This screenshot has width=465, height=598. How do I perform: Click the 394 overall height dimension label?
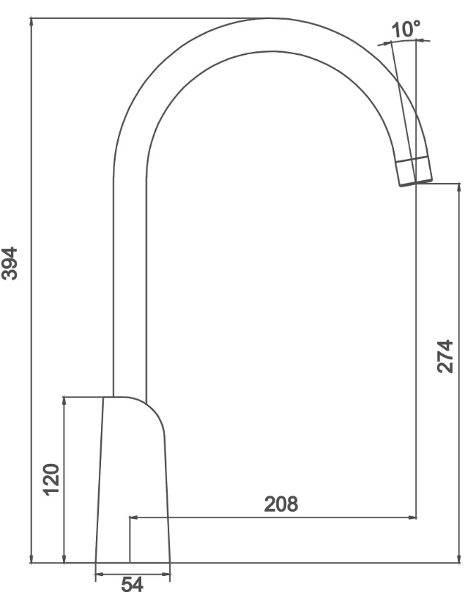10,264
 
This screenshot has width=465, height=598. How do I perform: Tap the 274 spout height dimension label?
445,356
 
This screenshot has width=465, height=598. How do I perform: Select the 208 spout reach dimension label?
281,504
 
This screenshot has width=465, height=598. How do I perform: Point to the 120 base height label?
51,479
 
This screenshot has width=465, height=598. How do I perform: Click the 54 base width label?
133,585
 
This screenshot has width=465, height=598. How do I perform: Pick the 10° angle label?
406,29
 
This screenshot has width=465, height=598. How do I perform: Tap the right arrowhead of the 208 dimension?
412,517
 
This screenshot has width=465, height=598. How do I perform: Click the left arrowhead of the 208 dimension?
134,517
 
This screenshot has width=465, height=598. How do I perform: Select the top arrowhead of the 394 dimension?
31,23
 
